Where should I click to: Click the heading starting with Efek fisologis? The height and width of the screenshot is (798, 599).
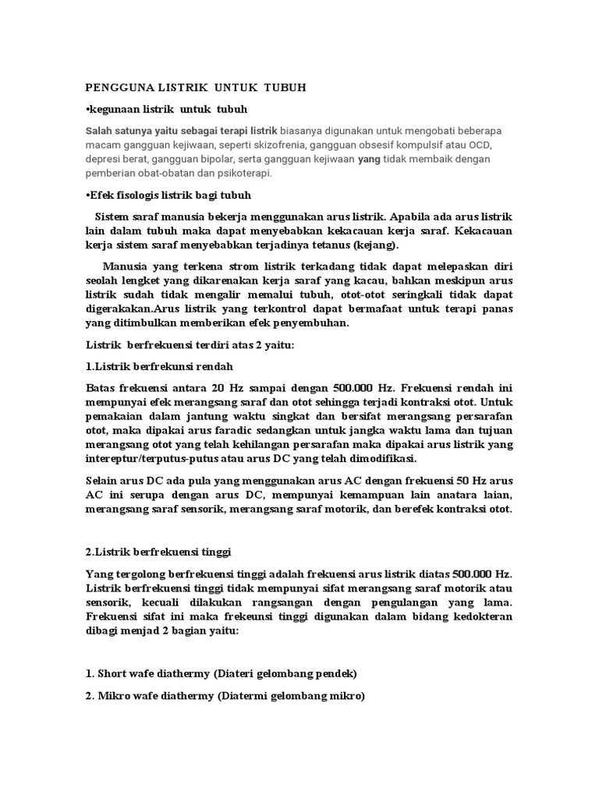click(x=168, y=194)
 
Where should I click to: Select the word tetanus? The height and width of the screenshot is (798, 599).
click(x=332, y=245)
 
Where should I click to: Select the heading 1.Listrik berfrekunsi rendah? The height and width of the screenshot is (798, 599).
click(x=158, y=365)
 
